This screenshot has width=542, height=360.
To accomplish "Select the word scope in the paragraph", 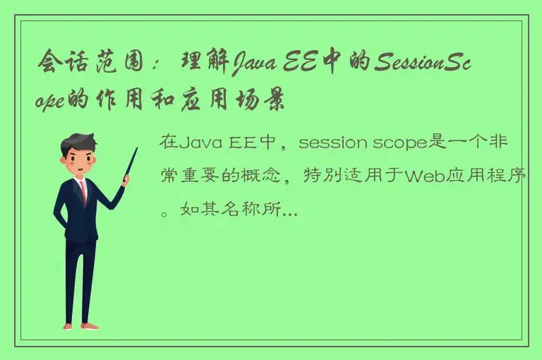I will point(385,143).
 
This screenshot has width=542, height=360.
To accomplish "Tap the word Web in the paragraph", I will point(420,176).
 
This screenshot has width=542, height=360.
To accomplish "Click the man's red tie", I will point(83,191).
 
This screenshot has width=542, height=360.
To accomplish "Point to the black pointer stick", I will point(130,162).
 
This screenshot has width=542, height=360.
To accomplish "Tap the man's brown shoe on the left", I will point(68,325).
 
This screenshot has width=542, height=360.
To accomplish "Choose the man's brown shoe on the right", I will point(89,326).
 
